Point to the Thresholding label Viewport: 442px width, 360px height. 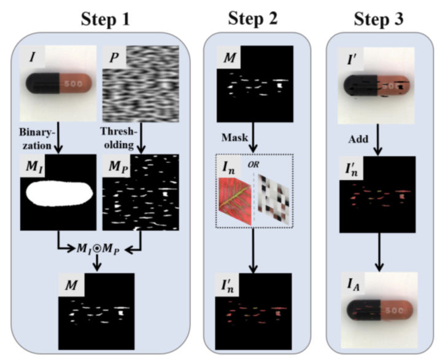(117, 139)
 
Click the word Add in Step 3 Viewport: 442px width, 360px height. (360, 139)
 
